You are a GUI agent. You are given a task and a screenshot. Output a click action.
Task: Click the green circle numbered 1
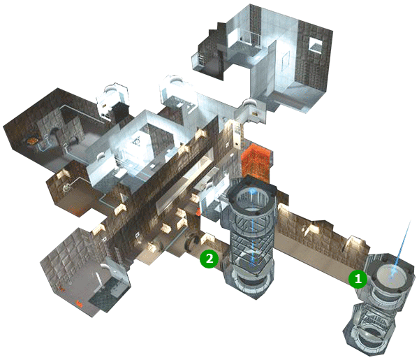358,279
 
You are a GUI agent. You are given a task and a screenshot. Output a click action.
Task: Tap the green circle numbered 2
209,259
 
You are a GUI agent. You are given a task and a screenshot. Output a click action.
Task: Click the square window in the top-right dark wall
316,44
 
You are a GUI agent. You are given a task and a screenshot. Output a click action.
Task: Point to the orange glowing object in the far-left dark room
33,141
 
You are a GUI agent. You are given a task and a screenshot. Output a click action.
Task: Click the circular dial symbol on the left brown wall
66,188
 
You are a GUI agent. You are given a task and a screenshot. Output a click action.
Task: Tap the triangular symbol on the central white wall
137,140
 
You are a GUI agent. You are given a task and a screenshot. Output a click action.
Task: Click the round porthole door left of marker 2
192,242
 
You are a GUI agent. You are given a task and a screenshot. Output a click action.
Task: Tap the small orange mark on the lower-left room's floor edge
78,303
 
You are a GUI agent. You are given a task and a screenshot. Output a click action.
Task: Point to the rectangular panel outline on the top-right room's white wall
286,62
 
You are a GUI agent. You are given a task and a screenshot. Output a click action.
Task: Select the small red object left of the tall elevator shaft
198,212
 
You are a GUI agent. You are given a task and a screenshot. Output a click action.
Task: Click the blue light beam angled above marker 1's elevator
401,248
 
